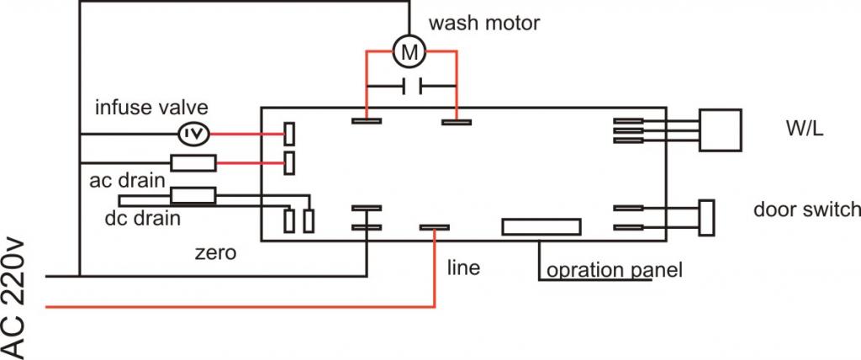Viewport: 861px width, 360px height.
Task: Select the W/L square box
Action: [x=720, y=130]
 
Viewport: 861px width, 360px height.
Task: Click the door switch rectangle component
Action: [x=706, y=217]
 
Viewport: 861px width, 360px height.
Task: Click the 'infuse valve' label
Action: [x=151, y=108]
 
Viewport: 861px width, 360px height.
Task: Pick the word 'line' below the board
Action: [x=463, y=267]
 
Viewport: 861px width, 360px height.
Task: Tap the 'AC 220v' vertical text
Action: [x=18, y=299]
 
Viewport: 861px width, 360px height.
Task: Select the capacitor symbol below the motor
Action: [x=412, y=86]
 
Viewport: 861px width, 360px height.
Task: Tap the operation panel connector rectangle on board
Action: [x=541, y=227]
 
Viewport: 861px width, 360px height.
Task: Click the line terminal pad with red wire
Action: [x=434, y=227]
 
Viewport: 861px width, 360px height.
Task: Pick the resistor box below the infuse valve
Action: [x=193, y=162]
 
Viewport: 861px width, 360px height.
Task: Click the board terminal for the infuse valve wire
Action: [x=288, y=134]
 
